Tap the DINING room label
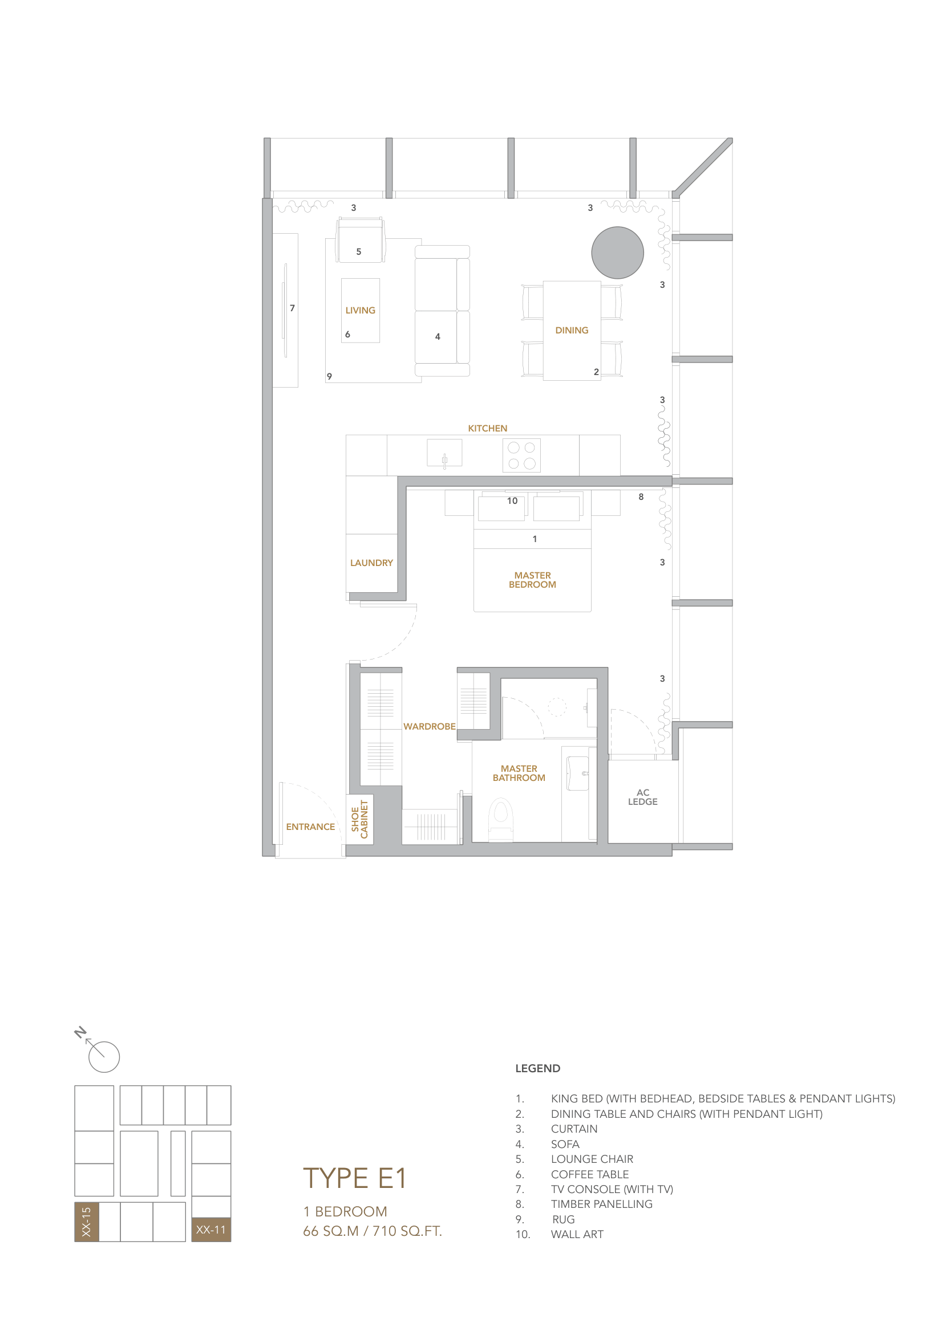(571, 330)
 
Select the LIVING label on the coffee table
(360, 311)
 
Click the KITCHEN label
(487, 428)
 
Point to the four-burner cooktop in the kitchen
(521, 455)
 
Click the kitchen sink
(444, 453)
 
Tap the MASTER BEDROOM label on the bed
(532, 580)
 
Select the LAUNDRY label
(371, 563)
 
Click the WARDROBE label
(430, 726)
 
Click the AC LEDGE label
(642, 796)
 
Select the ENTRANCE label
(310, 827)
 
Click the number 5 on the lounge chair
(358, 252)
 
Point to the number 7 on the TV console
(292, 308)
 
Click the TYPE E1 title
(354, 1179)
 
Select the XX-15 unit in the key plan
(86, 1222)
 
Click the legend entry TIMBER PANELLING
(601, 1204)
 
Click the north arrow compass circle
(104, 1057)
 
